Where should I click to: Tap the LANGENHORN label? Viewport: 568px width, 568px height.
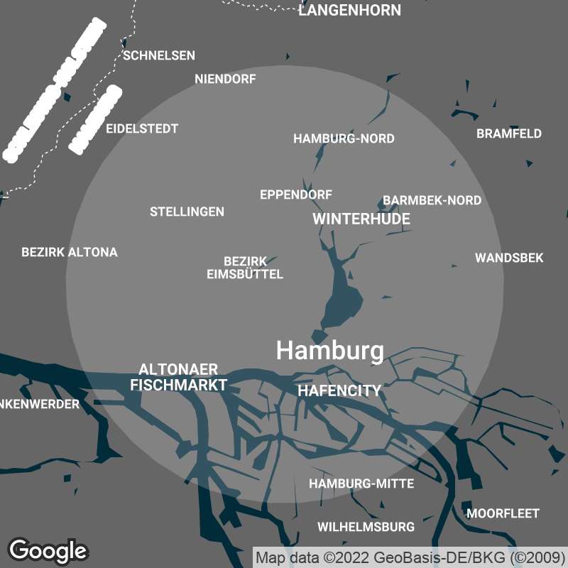click(x=349, y=11)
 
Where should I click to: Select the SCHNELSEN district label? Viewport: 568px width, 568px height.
click(x=159, y=55)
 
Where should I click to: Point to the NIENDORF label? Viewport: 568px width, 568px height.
click(x=225, y=80)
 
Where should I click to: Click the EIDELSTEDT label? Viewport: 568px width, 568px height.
click(x=142, y=129)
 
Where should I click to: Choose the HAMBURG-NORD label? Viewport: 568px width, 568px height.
click(x=344, y=138)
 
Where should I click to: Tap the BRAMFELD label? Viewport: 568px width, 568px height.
click(x=508, y=133)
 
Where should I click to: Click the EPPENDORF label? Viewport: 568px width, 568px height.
click(x=296, y=195)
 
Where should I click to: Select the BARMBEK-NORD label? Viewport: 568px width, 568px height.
click(x=432, y=201)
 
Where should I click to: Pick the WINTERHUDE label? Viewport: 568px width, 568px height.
click(x=361, y=219)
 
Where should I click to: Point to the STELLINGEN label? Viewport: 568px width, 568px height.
click(x=187, y=212)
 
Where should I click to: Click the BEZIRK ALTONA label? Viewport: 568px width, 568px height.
click(x=70, y=252)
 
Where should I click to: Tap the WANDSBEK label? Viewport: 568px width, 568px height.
click(x=509, y=258)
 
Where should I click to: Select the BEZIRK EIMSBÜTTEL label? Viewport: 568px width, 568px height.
click(x=245, y=268)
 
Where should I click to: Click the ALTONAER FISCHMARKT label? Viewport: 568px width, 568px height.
click(x=179, y=377)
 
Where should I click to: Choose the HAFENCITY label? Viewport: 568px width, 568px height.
click(x=339, y=390)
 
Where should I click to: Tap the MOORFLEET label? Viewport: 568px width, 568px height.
click(x=503, y=513)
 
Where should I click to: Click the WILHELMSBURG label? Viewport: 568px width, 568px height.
click(x=366, y=528)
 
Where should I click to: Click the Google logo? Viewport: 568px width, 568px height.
click(x=48, y=550)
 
